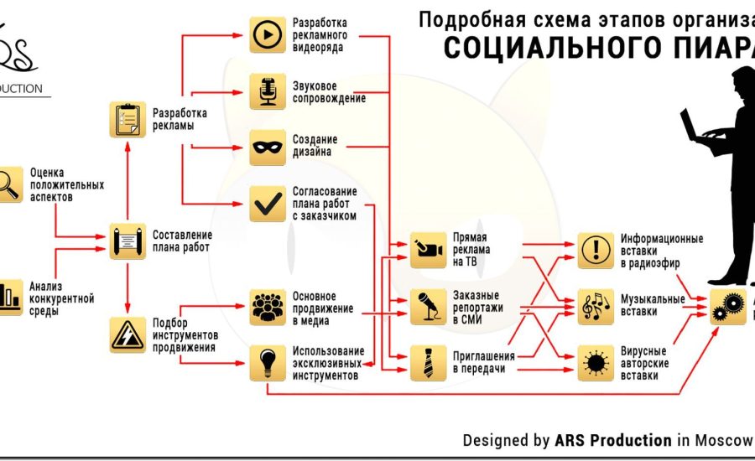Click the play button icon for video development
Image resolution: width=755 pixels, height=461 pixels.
pos(268,35)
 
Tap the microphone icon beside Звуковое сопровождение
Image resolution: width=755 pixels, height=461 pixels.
pos(268,91)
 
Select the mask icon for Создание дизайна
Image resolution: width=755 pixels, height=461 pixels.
pos(268,148)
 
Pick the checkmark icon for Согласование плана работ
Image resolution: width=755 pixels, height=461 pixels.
pos(268,202)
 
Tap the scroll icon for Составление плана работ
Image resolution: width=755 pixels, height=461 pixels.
pos(128,241)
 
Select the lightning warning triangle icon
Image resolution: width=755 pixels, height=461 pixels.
pos(128,335)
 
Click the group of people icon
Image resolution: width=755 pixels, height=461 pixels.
pos(268,307)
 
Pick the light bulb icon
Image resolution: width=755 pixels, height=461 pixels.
pos(268,361)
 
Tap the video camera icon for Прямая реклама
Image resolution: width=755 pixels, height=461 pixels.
pos(428,250)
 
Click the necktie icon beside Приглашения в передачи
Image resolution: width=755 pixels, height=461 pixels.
pos(428,361)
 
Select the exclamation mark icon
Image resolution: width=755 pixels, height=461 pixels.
pos(596,250)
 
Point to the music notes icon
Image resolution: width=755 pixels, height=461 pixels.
pos(596,306)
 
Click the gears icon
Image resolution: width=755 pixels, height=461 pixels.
pos(726,307)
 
